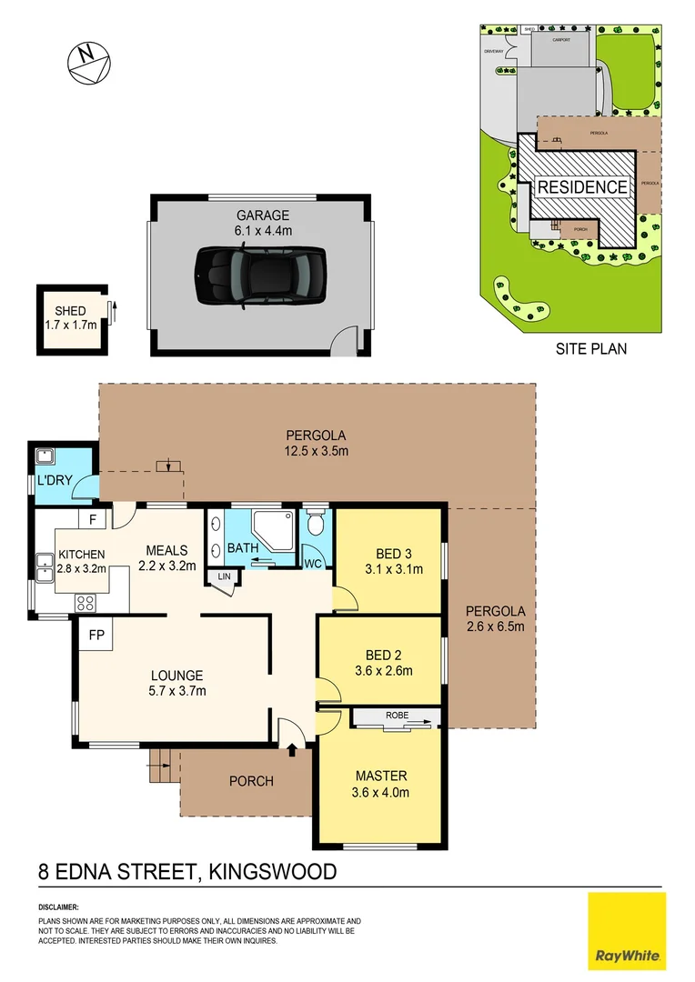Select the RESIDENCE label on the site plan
point(582,188)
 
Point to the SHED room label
point(70,311)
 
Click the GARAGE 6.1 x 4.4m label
point(264,223)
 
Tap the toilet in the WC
point(315,523)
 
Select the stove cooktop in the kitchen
point(86,602)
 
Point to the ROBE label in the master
point(397,716)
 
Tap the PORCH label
point(251,781)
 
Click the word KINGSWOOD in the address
point(273,872)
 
